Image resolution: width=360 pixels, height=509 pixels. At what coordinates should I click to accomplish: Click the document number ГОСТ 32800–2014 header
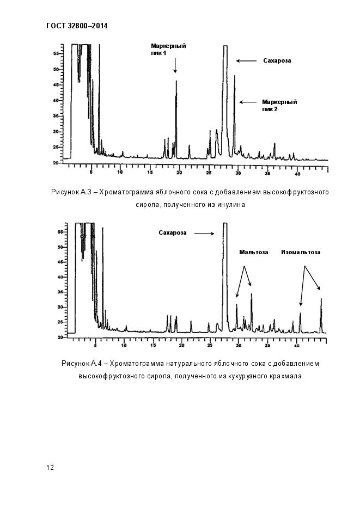pos(77,26)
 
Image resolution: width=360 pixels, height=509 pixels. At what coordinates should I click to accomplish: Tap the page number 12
pos(50,468)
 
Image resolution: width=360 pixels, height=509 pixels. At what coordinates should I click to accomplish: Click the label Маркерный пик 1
pos(168,50)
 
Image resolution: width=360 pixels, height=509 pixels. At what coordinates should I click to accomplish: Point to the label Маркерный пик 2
pos(279,106)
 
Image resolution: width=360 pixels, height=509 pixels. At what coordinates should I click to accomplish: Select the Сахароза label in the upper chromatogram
pos(277,61)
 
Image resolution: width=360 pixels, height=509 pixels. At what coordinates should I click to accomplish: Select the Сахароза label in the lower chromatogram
pos(173,233)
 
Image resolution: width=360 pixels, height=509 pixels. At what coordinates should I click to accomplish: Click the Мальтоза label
pos(254,252)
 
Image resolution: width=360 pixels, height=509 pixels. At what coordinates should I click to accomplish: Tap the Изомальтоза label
pos(301,252)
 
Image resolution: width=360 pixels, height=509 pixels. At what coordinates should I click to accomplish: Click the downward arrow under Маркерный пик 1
pos(175,65)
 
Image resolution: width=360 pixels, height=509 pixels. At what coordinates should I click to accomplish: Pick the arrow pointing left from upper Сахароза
pos(246,61)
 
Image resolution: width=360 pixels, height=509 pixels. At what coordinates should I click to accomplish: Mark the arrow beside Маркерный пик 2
pos(248,102)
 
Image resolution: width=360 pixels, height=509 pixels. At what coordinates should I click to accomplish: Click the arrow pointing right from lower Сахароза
pos(205,233)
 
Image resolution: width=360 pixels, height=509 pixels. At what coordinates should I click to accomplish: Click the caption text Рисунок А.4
pos(82,364)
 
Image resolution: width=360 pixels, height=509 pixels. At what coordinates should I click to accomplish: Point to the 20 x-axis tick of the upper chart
pos(179,173)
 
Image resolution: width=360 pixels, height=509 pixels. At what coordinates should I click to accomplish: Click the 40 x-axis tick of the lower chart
pos(297,346)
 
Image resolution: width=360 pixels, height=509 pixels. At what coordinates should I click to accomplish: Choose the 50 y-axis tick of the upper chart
pos(56,70)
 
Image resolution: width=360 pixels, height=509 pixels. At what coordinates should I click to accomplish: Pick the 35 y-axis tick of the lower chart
pos(60,292)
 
